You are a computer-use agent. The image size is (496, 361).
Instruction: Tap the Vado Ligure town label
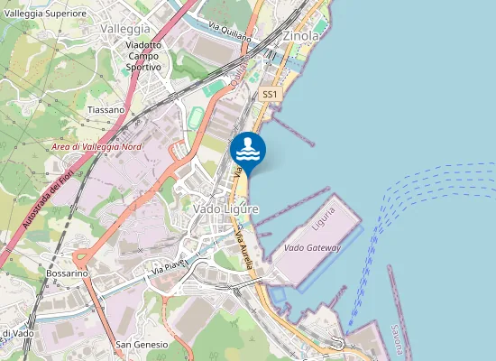point(225,208)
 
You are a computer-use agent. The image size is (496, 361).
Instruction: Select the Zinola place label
point(301,36)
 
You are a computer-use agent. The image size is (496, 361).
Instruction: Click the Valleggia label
point(125,29)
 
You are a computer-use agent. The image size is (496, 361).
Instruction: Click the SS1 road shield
point(270,94)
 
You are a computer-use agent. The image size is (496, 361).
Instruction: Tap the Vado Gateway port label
point(311,246)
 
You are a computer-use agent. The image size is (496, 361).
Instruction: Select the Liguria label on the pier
point(323,218)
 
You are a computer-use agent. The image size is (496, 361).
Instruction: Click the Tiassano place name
point(106,109)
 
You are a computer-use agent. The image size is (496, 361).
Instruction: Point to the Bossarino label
point(67,272)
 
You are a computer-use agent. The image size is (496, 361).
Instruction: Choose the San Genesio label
point(142,345)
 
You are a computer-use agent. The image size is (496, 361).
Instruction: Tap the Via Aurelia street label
point(243,243)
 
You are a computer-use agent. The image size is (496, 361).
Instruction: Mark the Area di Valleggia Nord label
point(96,146)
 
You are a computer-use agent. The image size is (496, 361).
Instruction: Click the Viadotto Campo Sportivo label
point(143,56)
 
